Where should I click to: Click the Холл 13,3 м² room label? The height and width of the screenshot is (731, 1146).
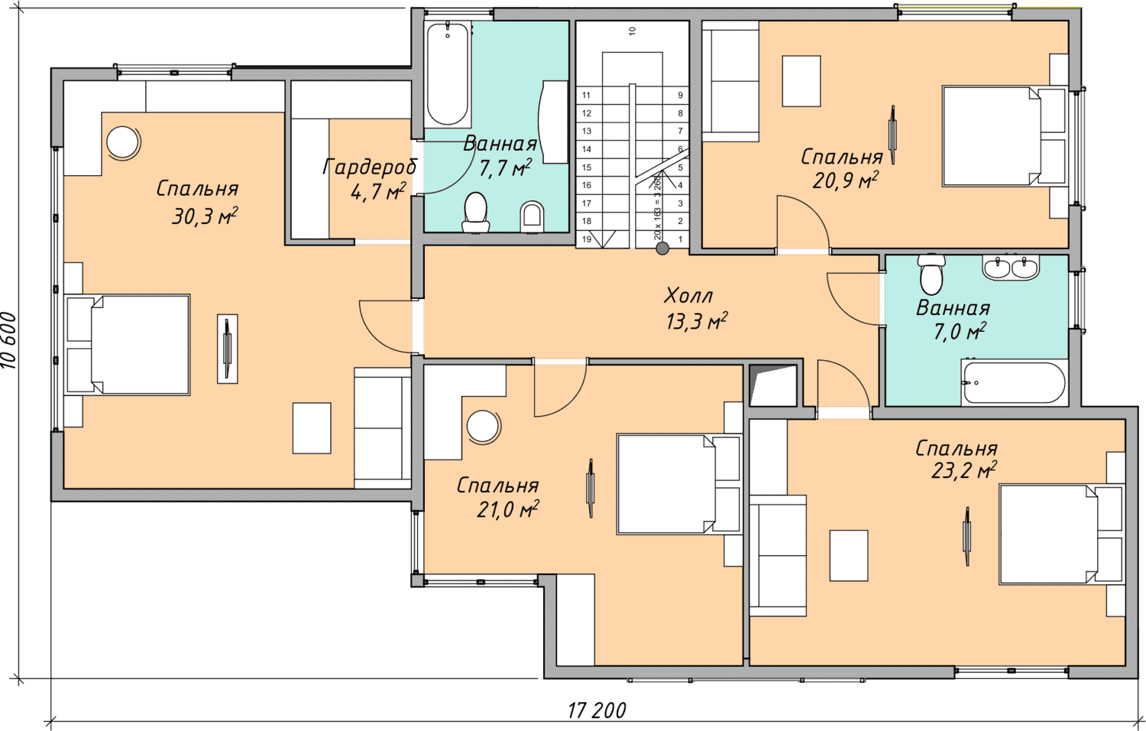click(x=696, y=309)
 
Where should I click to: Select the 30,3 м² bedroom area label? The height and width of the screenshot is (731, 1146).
click(x=205, y=217)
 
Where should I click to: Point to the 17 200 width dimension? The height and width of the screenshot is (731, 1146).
click(x=597, y=710)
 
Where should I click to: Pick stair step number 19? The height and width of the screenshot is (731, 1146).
click(x=586, y=239)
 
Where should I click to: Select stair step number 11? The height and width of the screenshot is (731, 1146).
click(x=586, y=96)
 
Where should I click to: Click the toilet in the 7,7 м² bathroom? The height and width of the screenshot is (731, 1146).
click(x=476, y=213)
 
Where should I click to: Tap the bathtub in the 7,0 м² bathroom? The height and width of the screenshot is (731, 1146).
click(x=1013, y=383)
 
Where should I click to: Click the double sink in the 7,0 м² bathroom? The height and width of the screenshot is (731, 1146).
click(x=1010, y=267)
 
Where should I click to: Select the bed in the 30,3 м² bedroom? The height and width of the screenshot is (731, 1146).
click(x=128, y=344)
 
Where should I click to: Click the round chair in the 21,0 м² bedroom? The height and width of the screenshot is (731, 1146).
click(x=482, y=426)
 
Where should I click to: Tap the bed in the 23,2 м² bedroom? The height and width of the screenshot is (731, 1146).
click(x=1061, y=534)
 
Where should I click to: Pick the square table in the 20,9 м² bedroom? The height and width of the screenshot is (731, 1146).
click(x=801, y=81)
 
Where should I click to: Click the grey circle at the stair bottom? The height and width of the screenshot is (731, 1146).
click(x=662, y=249)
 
